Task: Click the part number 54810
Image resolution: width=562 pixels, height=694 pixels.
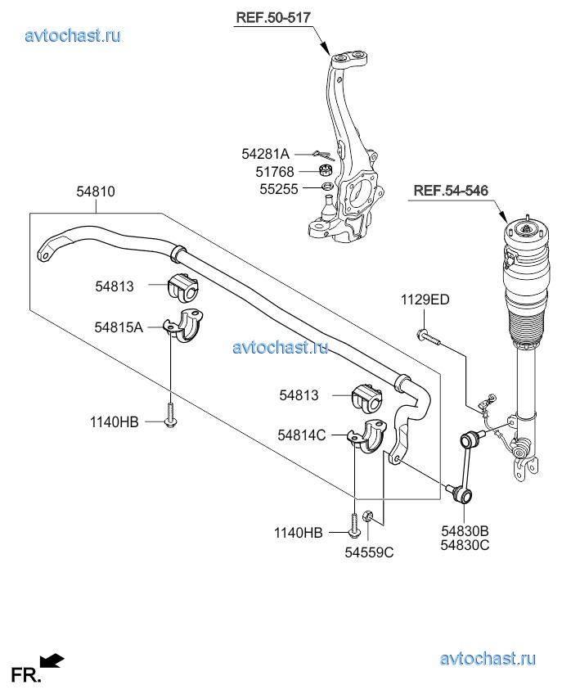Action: coord(96,192)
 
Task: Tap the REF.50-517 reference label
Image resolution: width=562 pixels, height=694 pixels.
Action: coord(273,16)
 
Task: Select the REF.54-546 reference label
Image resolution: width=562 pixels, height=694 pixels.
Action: coord(451,191)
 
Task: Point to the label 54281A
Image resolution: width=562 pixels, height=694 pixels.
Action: coord(265,154)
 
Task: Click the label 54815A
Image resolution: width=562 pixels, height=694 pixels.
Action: coord(119,327)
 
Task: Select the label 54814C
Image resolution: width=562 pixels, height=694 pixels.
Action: coord(302,435)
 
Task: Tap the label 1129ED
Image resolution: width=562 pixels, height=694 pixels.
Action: coord(425,300)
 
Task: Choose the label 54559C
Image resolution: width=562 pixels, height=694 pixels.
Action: coord(369,552)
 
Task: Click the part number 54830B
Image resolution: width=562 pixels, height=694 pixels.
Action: coord(465,531)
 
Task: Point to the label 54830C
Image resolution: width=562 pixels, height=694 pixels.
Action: coord(465,545)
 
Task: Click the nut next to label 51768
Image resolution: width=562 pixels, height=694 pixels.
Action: coord(324,170)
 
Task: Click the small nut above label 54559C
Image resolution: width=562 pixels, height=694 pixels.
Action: coord(369,516)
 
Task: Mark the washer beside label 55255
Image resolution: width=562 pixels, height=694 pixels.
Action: coord(326,187)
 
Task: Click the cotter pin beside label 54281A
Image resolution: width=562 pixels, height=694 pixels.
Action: coord(323,154)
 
